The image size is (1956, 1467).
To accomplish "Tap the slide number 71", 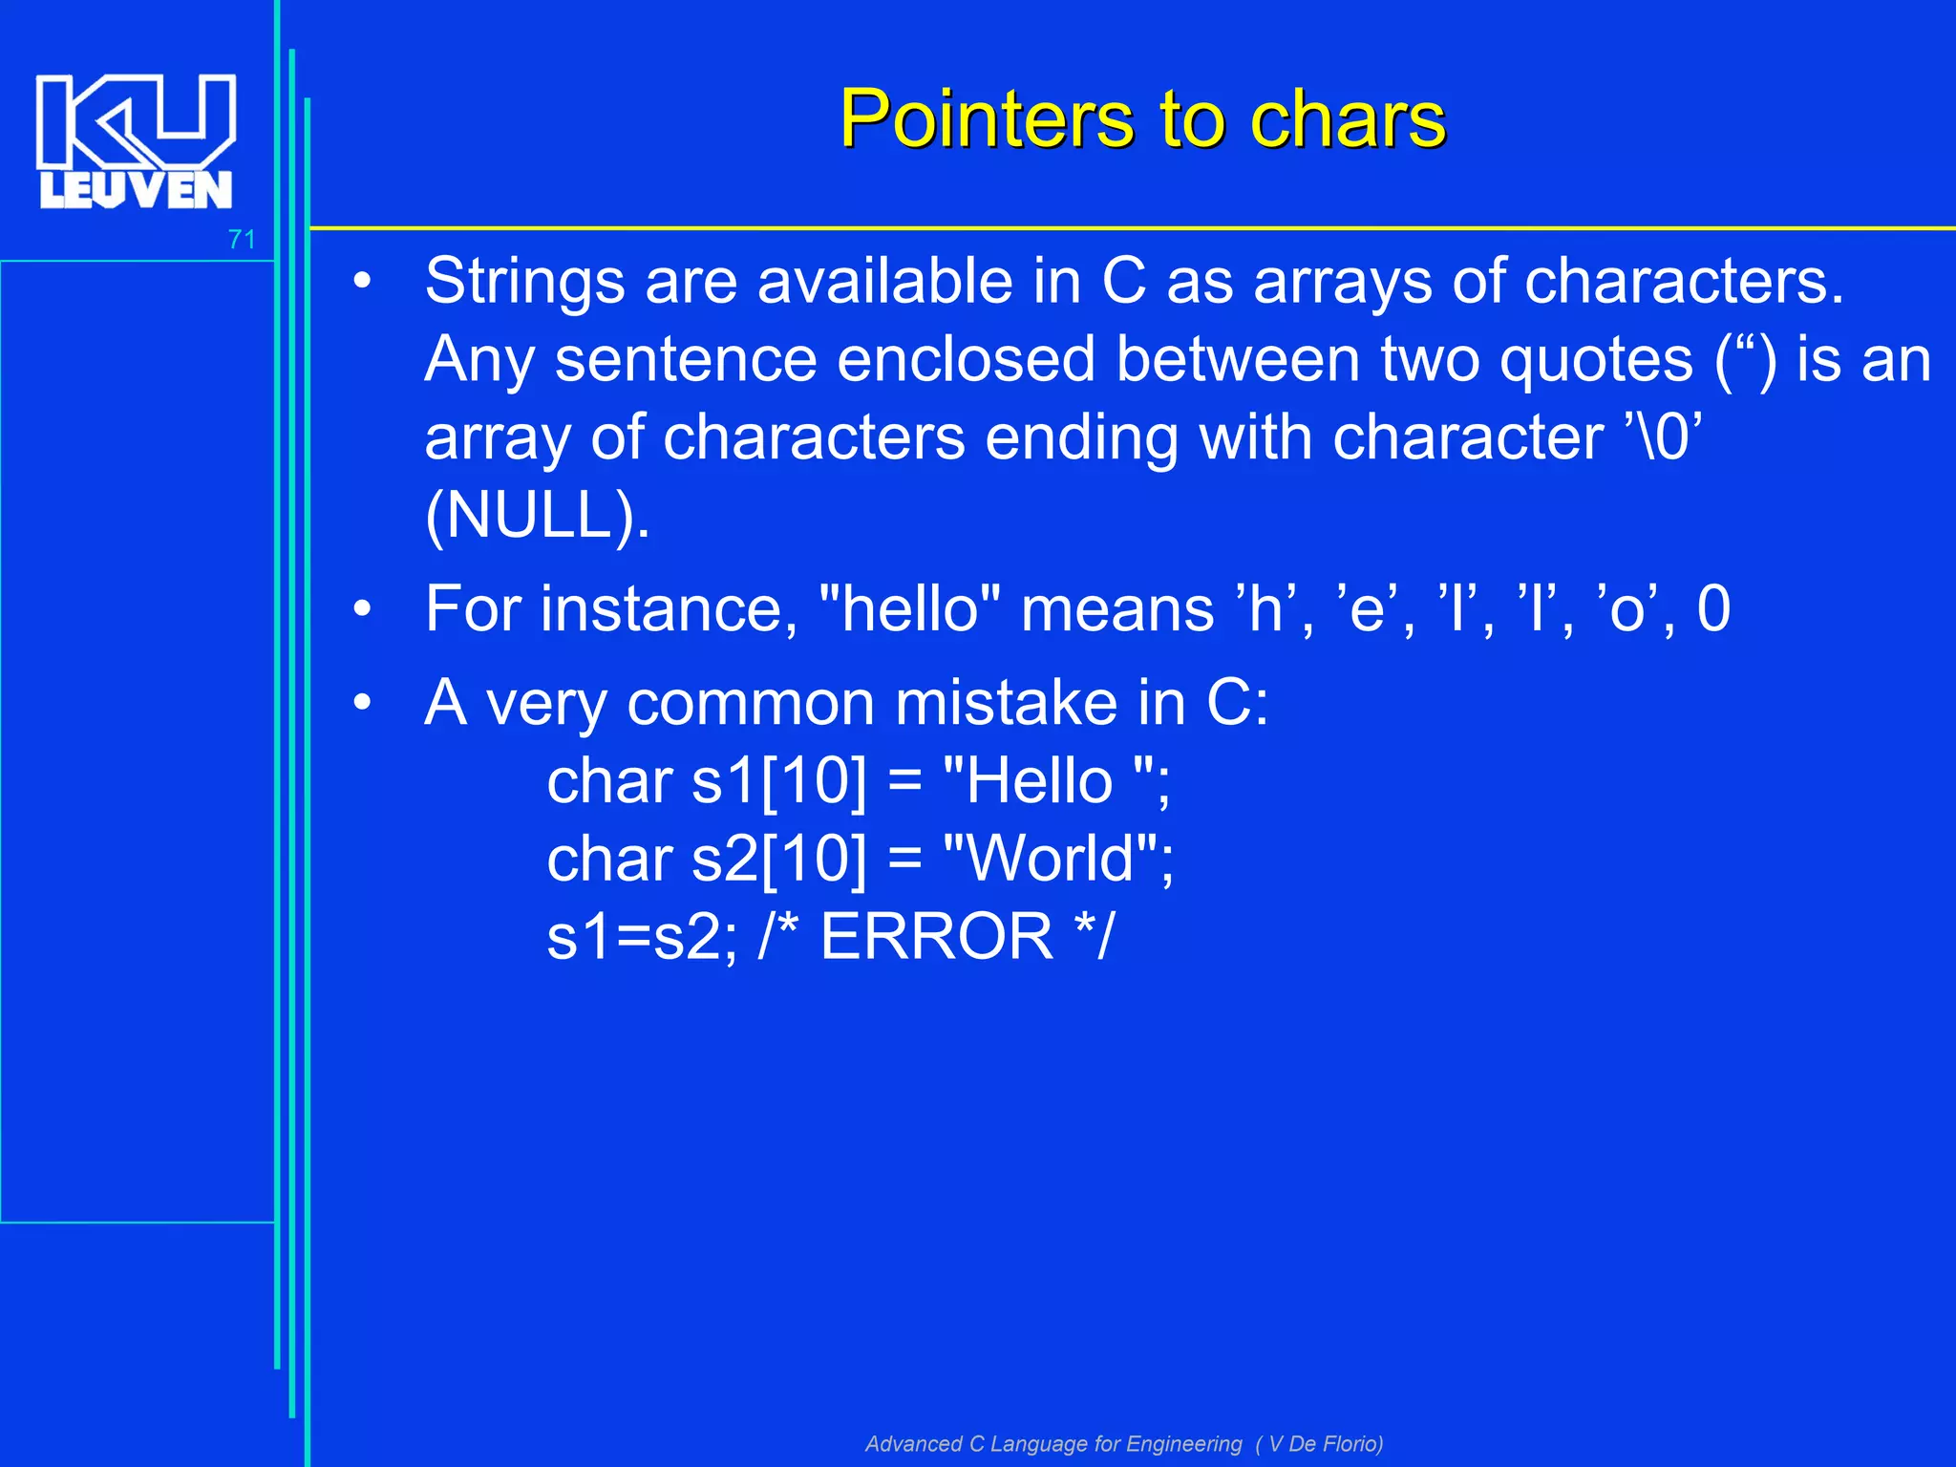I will tap(242, 240).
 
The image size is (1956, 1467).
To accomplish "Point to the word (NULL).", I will tap(537, 516).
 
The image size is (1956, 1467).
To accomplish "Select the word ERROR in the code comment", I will tap(936, 936).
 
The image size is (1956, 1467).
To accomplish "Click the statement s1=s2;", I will tap(642, 936).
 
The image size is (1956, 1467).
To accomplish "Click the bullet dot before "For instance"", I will tap(361, 609).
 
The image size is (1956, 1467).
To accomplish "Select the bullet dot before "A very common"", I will tap(361, 704).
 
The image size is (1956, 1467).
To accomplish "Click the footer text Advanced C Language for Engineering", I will tap(1053, 1443).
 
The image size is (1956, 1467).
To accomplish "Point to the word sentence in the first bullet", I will tap(685, 359).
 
